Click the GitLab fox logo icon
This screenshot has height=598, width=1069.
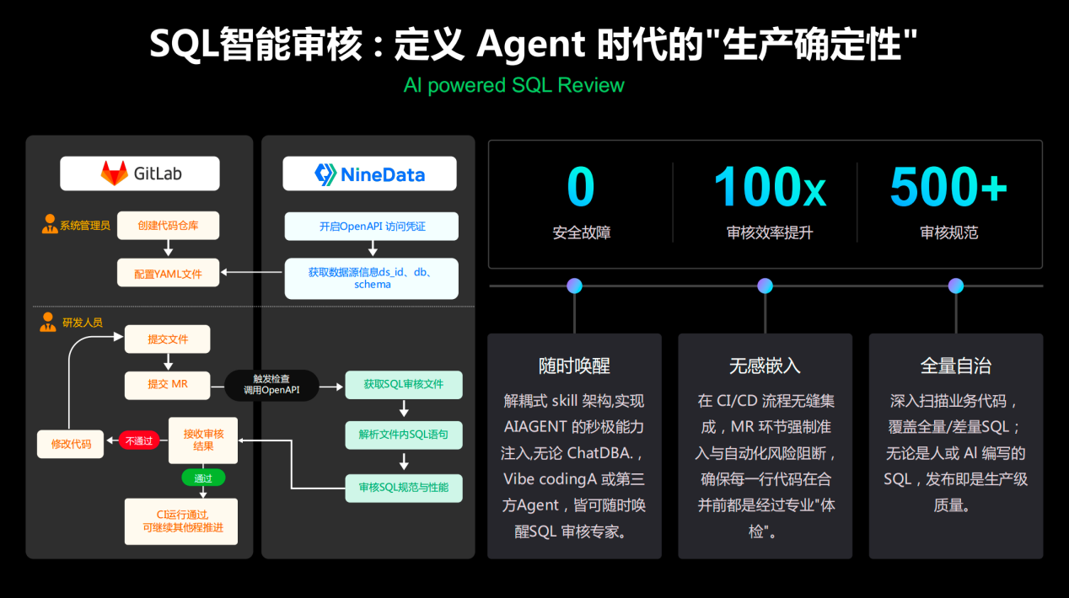point(115,173)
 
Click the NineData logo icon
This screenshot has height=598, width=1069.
point(325,174)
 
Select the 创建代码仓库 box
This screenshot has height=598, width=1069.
point(168,226)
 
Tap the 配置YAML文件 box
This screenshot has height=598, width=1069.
point(168,273)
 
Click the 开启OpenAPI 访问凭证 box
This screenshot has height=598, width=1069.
point(372,227)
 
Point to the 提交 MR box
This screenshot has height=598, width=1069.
point(168,385)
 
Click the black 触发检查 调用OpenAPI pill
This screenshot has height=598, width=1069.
point(271,385)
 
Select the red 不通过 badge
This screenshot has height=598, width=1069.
point(139,440)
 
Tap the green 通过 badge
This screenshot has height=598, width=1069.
point(203,478)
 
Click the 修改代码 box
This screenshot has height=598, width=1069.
point(71,444)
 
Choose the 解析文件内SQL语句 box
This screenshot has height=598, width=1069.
point(404,435)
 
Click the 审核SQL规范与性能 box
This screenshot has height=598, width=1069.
point(404,488)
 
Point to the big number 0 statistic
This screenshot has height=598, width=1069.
point(581,186)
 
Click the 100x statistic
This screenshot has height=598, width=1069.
point(770,186)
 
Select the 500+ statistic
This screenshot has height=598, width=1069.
point(948,186)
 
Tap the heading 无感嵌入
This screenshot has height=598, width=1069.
point(765,366)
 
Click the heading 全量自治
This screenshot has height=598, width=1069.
point(956,366)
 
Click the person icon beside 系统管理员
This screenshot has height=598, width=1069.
point(50,224)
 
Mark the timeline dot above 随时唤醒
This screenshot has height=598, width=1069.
point(575,286)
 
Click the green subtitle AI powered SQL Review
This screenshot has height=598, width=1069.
point(514,85)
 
